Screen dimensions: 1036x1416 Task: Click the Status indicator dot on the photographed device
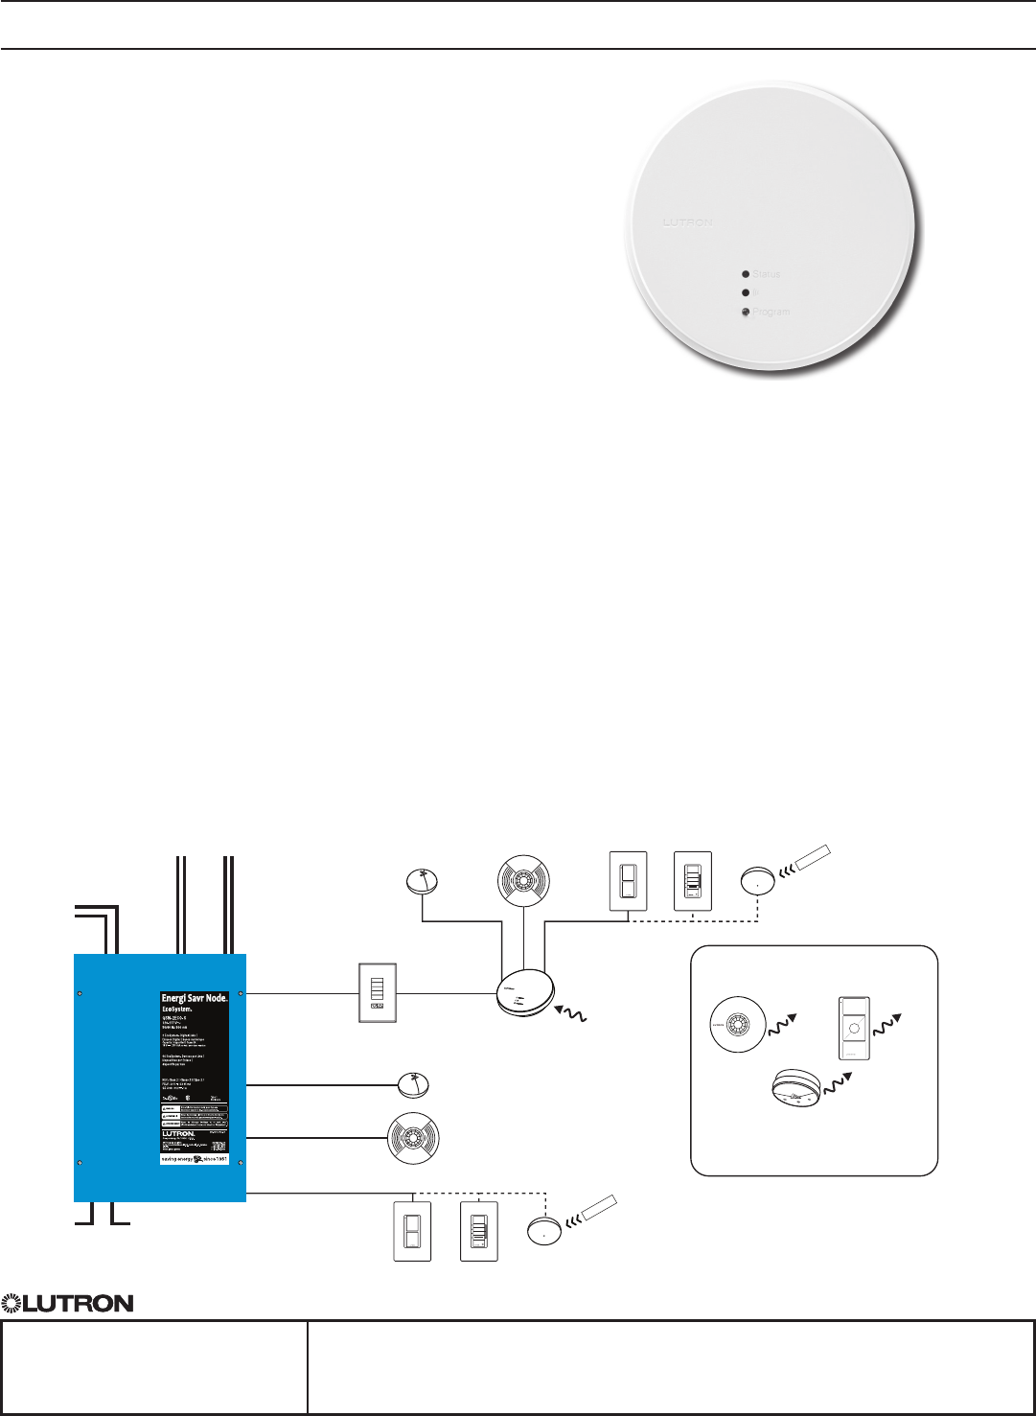746,274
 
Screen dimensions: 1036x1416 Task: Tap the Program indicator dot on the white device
746,313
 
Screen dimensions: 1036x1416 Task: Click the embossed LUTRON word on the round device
688,222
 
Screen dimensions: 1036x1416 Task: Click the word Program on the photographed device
771,313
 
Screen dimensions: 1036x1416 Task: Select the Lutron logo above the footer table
67,1303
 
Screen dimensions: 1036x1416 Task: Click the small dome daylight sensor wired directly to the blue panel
413,1085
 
